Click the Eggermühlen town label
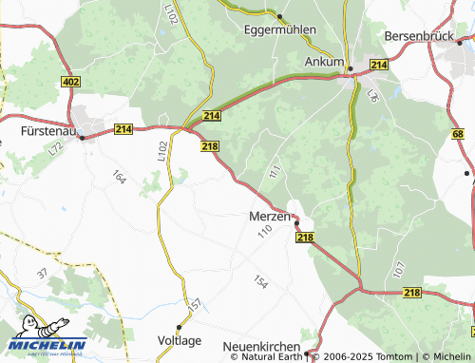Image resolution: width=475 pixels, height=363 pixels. click(279, 29)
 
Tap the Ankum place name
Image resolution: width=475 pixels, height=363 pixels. click(324, 62)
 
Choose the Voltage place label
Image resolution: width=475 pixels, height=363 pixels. click(179, 339)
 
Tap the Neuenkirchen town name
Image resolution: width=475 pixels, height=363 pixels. click(261, 347)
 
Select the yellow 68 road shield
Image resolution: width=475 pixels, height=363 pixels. click(459, 135)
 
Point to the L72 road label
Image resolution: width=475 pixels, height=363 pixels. click(57, 147)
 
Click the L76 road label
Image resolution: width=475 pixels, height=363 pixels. click(372, 95)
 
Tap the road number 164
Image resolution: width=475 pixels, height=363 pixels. click(119, 177)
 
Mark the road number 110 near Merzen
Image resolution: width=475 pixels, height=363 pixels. click(264, 232)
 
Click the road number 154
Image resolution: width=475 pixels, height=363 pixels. click(259, 282)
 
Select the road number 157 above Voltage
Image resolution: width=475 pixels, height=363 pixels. click(195, 306)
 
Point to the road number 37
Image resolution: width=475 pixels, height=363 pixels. click(42, 273)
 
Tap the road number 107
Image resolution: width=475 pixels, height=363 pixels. click(398, 269)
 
